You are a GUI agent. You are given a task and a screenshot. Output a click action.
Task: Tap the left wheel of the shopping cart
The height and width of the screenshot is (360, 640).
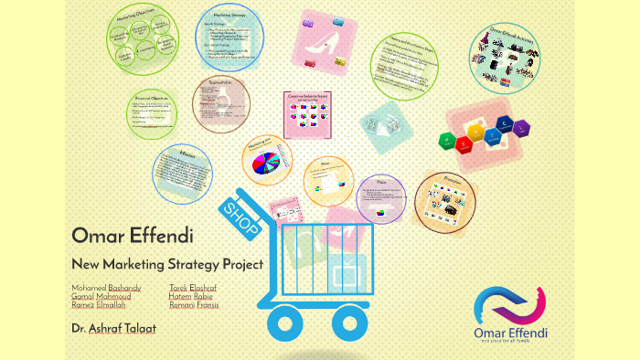(286, 323)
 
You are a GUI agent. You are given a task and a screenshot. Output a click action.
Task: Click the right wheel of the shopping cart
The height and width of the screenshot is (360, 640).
(361, 323)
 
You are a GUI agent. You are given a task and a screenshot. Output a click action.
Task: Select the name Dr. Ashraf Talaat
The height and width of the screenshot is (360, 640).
(113, 326)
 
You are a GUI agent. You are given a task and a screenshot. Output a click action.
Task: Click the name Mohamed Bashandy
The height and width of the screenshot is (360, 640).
(106, 288)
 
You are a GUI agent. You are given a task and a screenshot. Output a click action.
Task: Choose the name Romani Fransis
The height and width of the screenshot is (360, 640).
(194, 305)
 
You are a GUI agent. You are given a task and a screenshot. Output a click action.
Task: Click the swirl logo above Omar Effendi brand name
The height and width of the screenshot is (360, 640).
(510, 304)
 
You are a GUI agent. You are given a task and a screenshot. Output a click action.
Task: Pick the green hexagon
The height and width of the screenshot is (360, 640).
(445, 140)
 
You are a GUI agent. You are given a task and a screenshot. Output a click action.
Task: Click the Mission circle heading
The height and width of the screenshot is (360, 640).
(187, 154)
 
